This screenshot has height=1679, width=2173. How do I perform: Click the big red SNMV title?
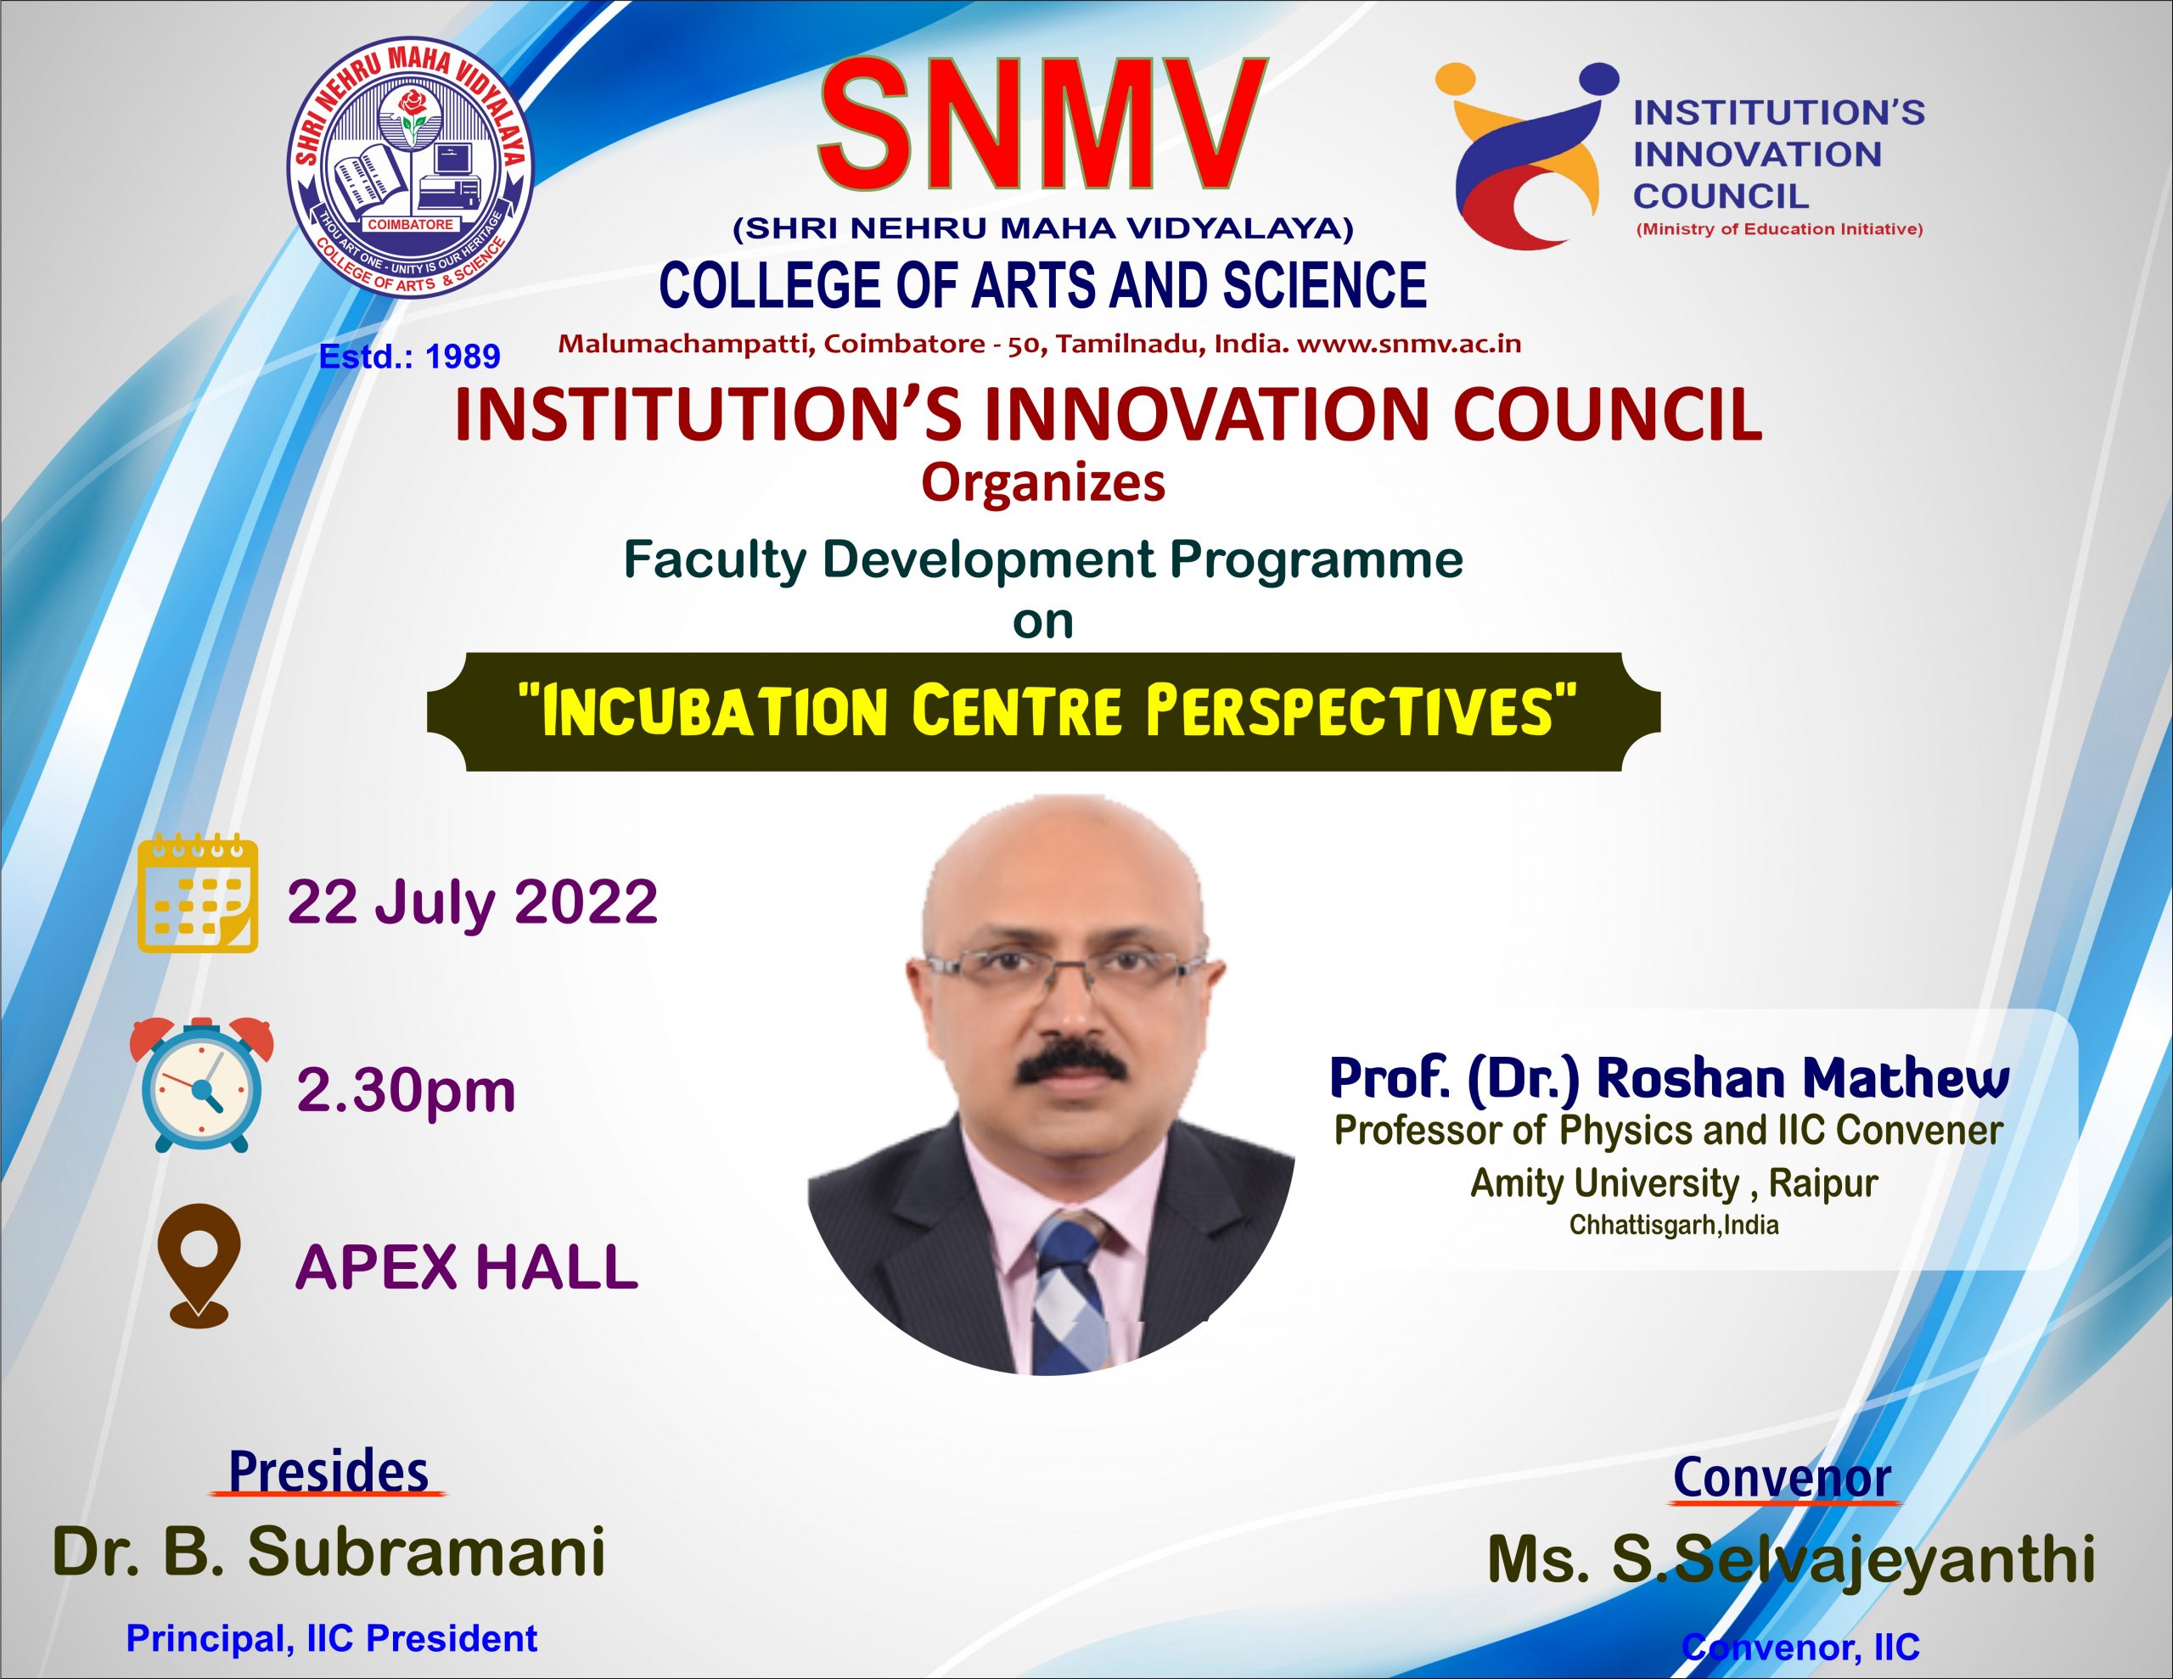tap(1042, 125)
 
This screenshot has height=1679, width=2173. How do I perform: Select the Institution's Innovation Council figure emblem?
tap(1527, 154)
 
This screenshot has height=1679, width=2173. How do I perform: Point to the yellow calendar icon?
tap(197, 895)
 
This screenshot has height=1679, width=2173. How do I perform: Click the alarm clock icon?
tap(201, 1085)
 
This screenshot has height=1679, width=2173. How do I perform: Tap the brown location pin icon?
tap(199, 1265)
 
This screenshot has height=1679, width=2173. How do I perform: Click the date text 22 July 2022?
tap(473, 901)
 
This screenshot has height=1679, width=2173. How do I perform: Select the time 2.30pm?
tap(406, 1092)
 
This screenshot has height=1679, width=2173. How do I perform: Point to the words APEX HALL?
tap(467, 1267)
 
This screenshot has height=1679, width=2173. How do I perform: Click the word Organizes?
tap(1042, 485)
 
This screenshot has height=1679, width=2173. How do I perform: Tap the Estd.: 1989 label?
tap(409, 357)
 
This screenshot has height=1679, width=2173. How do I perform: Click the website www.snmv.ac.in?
tap(1409, 345)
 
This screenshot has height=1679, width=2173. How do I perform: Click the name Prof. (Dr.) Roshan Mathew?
tap(1669, 1078)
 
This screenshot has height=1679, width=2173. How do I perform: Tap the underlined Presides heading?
tap(328, 1472)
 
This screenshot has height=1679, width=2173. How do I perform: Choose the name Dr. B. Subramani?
tap(328, 1552)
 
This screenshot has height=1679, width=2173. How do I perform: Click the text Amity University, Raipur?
tap(1674, 1183)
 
